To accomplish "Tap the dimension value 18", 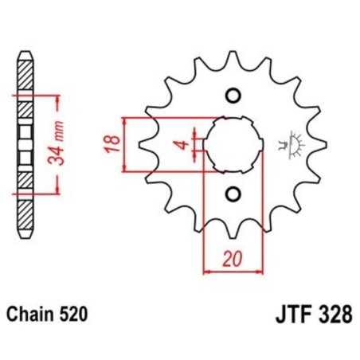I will (x=114, y=144).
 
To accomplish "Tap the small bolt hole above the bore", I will (x=233, y=96).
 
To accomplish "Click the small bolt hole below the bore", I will (x=233, y=194).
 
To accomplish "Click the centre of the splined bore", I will (x=233, y=145).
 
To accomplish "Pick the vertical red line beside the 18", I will (x=126, y=144).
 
